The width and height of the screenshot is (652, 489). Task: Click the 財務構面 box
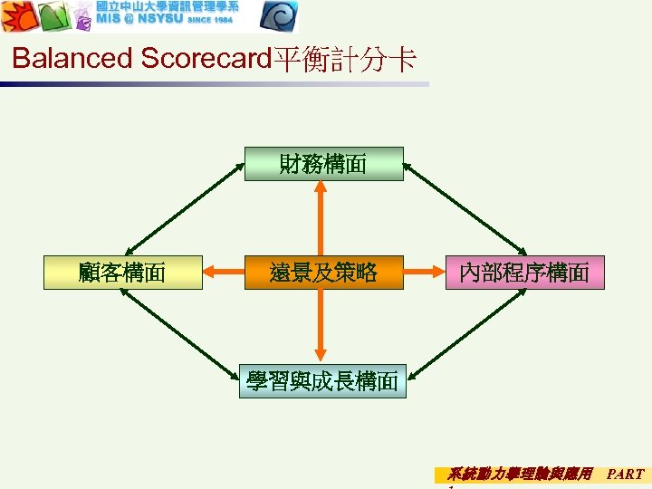click(323, 164)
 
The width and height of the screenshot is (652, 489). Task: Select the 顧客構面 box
click(122, 272)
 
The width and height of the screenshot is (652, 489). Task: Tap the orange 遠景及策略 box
click(323, 272)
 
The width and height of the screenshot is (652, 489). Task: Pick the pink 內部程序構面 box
click(524, 272)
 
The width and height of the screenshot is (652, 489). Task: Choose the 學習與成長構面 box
click(323, 381)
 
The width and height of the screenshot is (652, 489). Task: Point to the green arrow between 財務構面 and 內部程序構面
click(465, 208)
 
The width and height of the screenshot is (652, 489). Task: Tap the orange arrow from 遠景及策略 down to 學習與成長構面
click(321, 326)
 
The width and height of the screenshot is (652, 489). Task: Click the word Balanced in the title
click(72, 60)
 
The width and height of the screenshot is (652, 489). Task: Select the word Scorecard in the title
click(206, 60)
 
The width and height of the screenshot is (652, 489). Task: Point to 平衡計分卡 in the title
click(344, 60)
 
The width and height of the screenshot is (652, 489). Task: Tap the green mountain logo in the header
click(54, 16)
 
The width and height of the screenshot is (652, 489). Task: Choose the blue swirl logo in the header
click(277, 16)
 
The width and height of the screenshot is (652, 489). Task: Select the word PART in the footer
click(625, 474)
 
